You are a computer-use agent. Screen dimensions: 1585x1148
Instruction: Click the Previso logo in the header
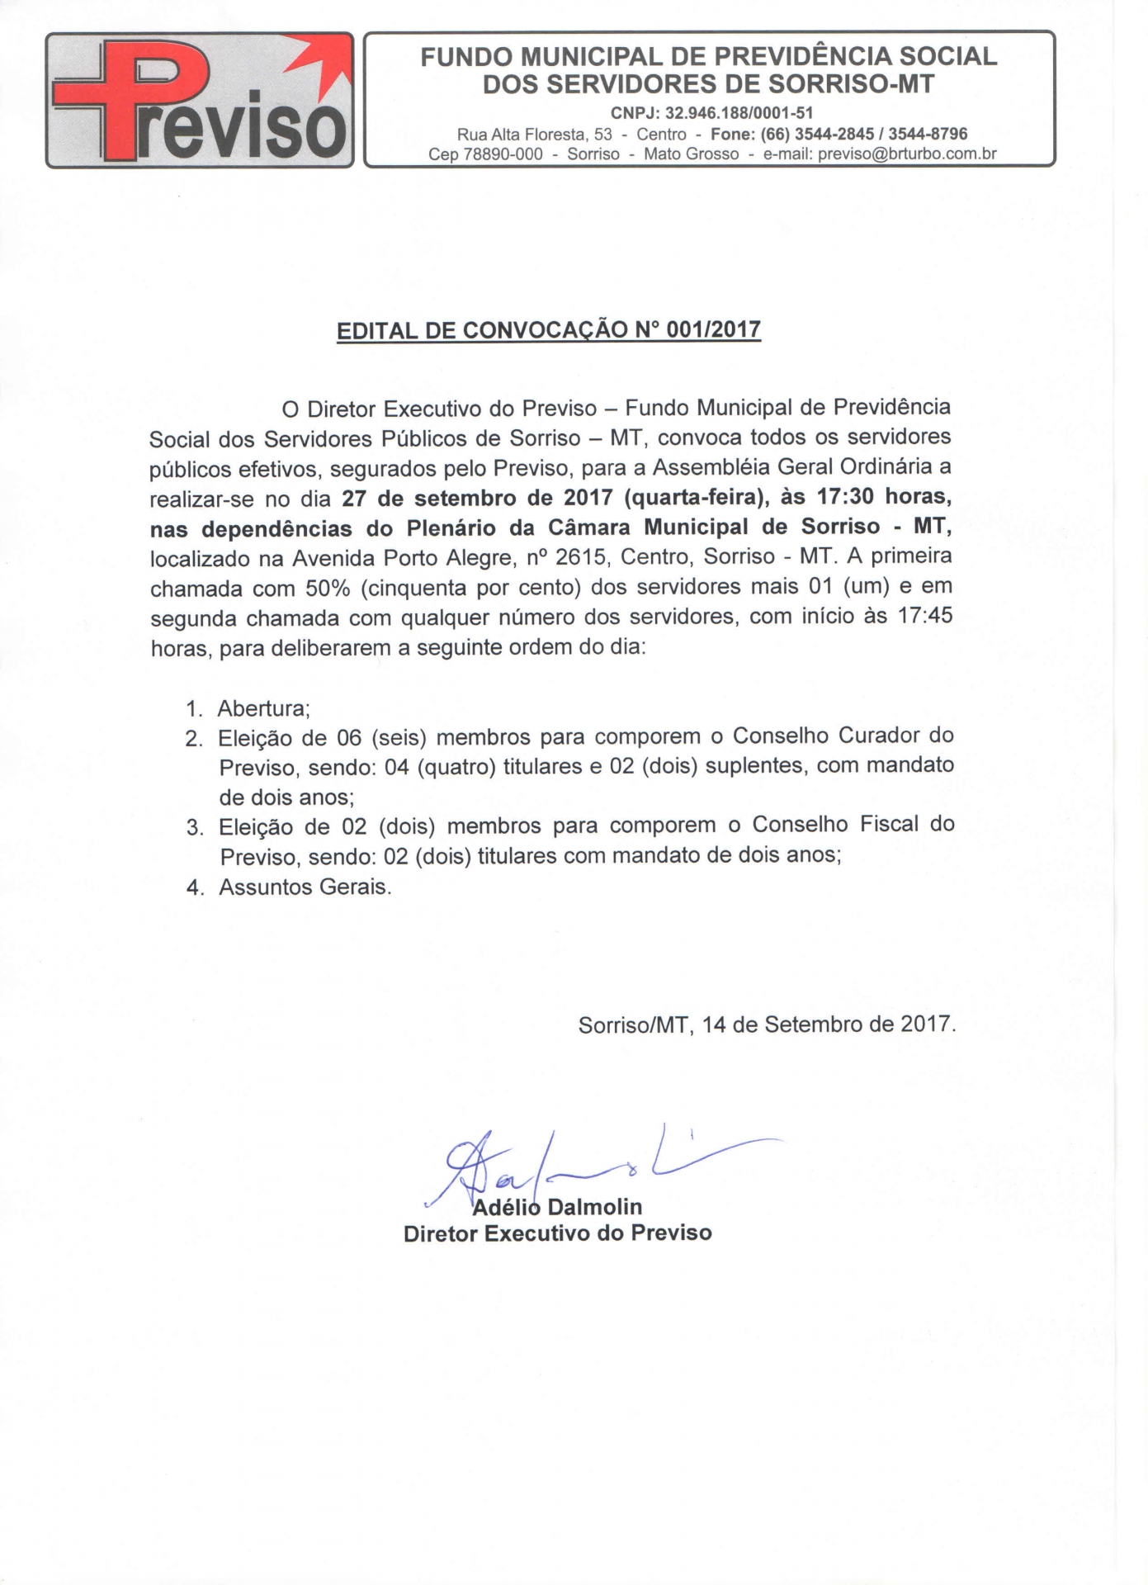point(200,100)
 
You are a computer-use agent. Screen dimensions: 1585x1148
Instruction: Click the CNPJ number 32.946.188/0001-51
point(739,113)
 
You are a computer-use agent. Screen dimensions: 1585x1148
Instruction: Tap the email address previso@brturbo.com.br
point(907,154)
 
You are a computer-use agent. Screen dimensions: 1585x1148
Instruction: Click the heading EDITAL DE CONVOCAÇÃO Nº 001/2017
point(549,330)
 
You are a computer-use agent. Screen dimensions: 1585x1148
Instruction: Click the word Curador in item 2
point(879,736)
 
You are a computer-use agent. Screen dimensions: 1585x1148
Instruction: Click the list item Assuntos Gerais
point(305,887)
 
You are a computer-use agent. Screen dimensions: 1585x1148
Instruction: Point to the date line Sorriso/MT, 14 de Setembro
point(767,1024)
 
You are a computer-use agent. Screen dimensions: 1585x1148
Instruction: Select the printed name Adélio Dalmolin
point(557,1207)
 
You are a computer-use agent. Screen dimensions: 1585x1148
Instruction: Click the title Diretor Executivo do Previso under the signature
point(557,1233)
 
